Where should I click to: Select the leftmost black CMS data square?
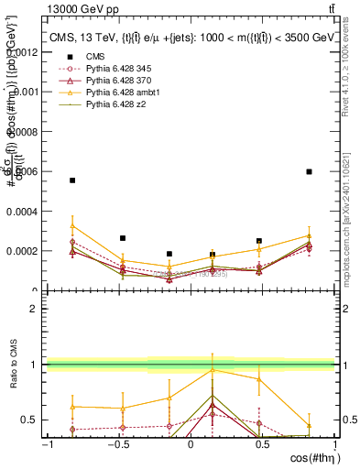coord(72,180)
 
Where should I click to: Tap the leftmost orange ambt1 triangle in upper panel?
coord(72,225)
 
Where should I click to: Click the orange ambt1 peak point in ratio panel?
coord(213,370)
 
